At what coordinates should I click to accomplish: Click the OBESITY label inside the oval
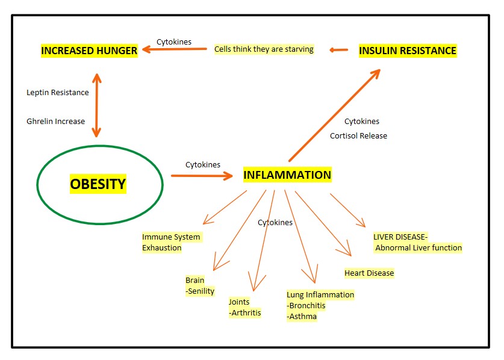(98, 184)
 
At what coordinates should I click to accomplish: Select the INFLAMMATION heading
(287, 175)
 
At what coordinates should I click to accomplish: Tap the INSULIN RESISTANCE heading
(408, 51)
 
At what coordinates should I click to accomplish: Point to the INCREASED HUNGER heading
(89, 51)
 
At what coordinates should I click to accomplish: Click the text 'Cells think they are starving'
(264, 49)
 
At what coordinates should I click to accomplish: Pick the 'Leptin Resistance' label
(58, 93)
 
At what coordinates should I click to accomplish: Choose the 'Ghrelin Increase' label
(55, 121)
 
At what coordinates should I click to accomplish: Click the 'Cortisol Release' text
(358, 135)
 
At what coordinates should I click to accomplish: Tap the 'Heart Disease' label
(369, 273)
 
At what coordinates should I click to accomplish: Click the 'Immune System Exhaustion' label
(172, 243)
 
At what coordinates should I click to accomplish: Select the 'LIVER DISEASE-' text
(400, 237)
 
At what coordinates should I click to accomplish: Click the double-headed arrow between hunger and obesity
(96, 105)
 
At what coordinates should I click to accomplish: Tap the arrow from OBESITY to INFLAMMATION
(202, 176)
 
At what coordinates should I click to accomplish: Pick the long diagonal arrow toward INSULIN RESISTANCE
(335, 115)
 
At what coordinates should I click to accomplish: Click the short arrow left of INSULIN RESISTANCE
(339, 50)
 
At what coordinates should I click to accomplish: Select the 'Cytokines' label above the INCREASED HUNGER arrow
(174, 42)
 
